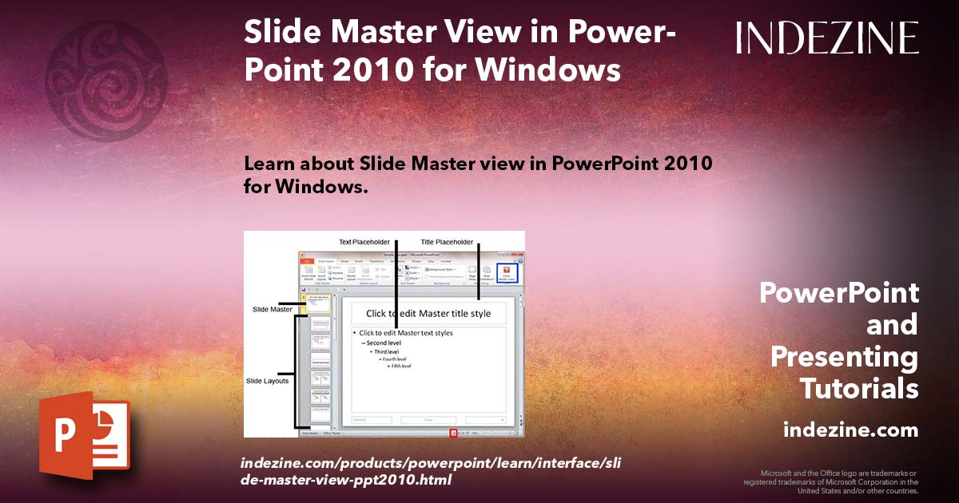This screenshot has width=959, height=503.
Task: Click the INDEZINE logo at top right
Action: [x=827, y=38]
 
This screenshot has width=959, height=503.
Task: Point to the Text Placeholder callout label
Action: [x=364, y=242]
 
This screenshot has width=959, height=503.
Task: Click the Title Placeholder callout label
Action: [x=447, y=242]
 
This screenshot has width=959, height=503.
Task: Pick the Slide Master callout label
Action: [x=273, y=309]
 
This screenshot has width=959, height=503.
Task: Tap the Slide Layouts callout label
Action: [x=267, y=381]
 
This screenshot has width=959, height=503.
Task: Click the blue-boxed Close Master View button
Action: [x=507, y=273]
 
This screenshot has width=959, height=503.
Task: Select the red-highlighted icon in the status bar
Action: [x=453, y=433]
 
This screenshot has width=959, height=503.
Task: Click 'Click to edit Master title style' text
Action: [x=428, y=314]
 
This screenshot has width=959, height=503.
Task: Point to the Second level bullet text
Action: [x=384, y=343]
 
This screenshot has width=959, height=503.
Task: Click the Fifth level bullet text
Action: [x=400, y=366]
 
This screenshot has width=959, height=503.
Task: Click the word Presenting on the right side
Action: [x=844, y=357]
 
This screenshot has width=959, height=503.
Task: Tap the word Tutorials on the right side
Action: [x=859, y=389]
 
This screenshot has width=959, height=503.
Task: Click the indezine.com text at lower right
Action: [x=851, y=430]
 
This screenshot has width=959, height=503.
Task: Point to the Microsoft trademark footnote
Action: [x=830, y=481]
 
